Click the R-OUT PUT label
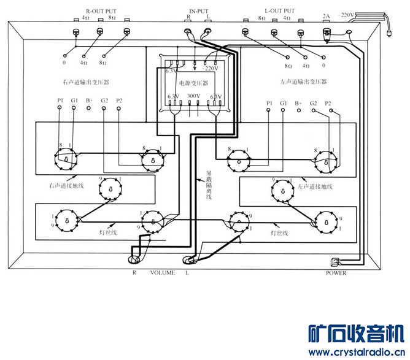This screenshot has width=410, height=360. pos(101,11)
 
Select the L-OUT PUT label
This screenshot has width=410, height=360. pos(279,11)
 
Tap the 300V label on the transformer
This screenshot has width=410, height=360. pos(193,96)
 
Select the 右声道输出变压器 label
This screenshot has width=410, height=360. pos(87,82)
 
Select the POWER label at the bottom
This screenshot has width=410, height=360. pos(336,273)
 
